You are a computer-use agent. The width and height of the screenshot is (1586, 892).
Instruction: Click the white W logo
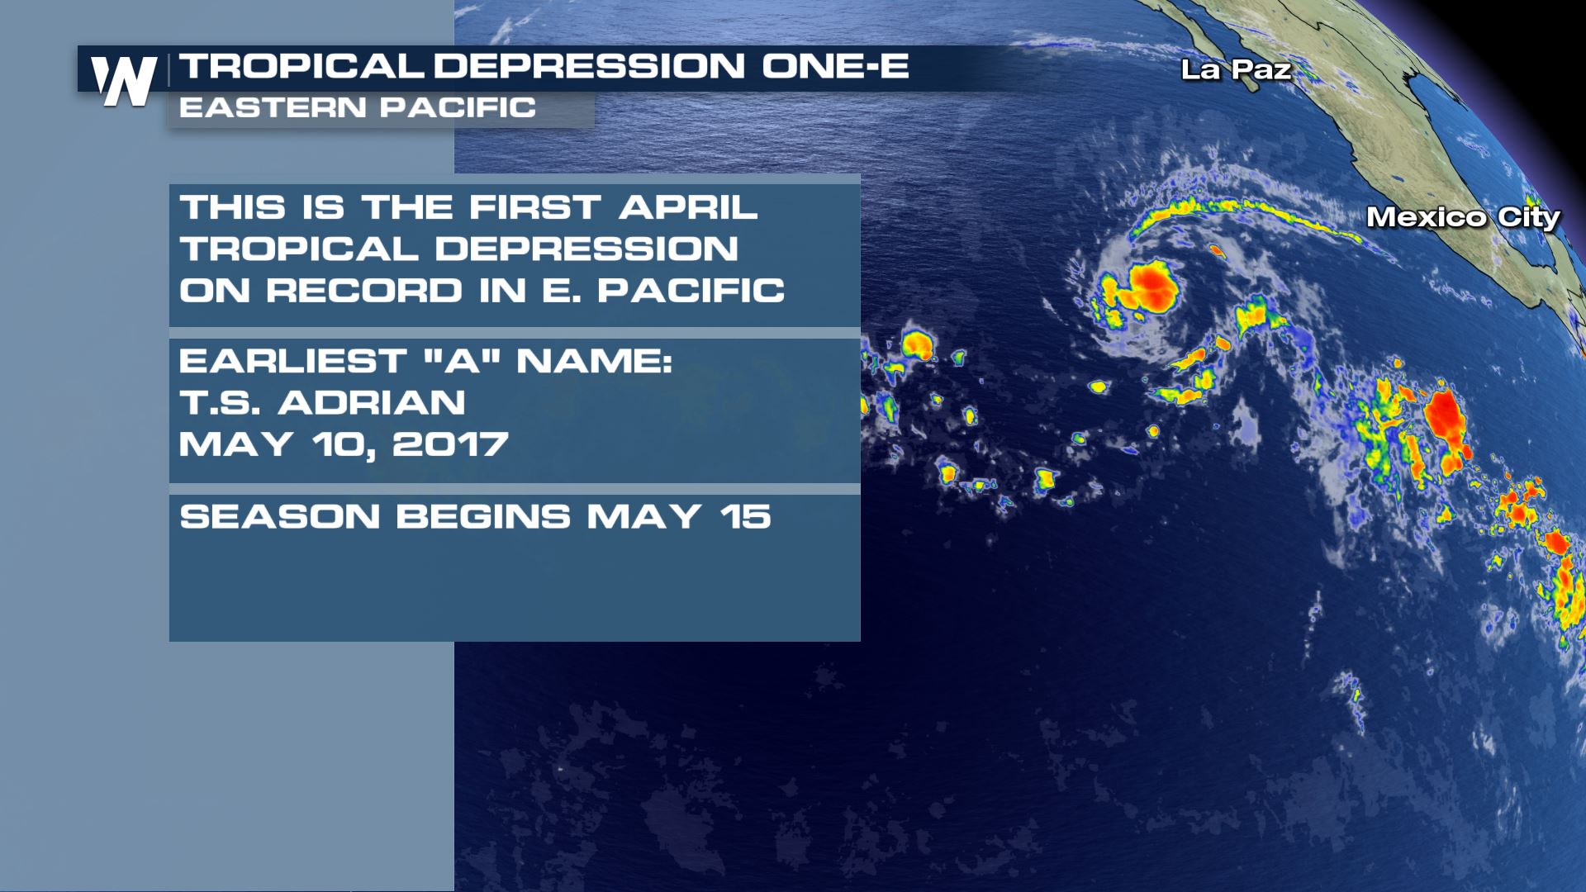125,81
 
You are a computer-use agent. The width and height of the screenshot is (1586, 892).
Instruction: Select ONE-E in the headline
835,66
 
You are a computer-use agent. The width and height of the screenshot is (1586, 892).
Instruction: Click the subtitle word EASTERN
273,107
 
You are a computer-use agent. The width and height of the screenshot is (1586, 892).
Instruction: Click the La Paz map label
1236,69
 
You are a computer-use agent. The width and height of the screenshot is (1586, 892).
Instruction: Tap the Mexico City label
1463,217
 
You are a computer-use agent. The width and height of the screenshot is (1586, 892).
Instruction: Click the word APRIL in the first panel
688,207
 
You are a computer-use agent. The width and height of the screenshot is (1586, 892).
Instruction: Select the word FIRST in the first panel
535,207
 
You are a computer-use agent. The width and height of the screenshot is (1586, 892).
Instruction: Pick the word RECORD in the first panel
364,291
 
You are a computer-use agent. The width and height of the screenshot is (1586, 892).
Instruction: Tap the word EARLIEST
293,361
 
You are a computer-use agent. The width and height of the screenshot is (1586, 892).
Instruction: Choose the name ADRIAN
372,403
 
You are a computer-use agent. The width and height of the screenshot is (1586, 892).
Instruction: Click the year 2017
450,444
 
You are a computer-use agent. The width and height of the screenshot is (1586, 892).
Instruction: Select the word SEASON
280,517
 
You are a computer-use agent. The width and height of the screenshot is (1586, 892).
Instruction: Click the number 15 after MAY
745,517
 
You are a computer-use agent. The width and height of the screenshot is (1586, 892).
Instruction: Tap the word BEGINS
483,517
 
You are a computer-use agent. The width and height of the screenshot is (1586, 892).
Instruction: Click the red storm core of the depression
1152,286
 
